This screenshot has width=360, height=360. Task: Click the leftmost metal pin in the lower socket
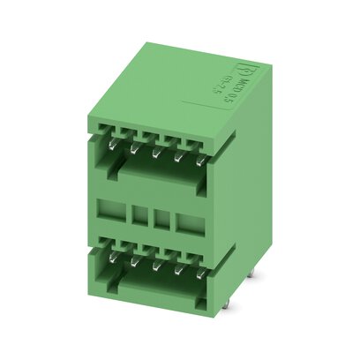(114, 257)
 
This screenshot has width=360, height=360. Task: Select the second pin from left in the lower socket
(133, 260)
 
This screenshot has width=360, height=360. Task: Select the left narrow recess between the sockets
(139, 217)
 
